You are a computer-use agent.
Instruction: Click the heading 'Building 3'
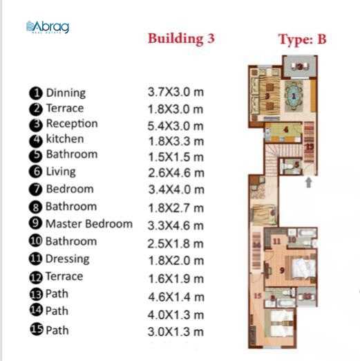[181, 39]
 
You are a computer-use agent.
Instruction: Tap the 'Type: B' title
[302, 39]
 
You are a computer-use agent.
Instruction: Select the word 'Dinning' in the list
[66, 93]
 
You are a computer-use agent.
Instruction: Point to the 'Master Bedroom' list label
[88, 223]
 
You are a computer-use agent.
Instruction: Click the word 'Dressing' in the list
[67, 259]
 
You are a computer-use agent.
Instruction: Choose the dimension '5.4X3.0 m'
[176, 126]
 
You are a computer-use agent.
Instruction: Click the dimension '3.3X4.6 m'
[176, 225]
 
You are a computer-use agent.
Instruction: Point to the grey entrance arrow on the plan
[308, 183]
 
